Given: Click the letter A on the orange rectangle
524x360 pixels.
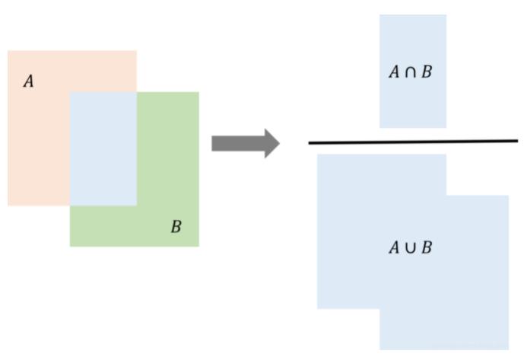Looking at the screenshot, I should click(29, 81).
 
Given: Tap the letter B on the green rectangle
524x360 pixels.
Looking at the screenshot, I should click(176, 227).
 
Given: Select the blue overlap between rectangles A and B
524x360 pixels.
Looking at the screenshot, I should click(103, 149).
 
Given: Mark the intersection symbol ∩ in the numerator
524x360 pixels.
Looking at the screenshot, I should click(411, 72).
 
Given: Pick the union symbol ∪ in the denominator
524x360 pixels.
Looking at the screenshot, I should click(411, 248).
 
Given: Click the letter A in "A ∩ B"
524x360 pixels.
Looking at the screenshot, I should click(394, 72).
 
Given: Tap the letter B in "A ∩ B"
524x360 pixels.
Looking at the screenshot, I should click(427, 72).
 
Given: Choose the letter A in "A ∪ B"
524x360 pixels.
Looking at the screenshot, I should click(394, 248).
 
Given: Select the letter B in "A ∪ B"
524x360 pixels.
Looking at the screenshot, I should click(427, 248).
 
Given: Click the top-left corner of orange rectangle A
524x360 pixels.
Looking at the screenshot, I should click(8, 51).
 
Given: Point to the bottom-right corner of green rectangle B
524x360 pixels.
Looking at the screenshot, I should click(198, 246).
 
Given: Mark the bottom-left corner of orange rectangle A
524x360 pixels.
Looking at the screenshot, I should click(8, 205).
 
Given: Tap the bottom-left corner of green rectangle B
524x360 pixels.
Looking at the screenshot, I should click(71, 246).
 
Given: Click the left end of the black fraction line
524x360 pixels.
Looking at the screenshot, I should click(310, 143).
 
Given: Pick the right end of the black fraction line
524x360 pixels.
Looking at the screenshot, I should click(517, 141).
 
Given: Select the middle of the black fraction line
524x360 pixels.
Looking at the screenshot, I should click(413, 142).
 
